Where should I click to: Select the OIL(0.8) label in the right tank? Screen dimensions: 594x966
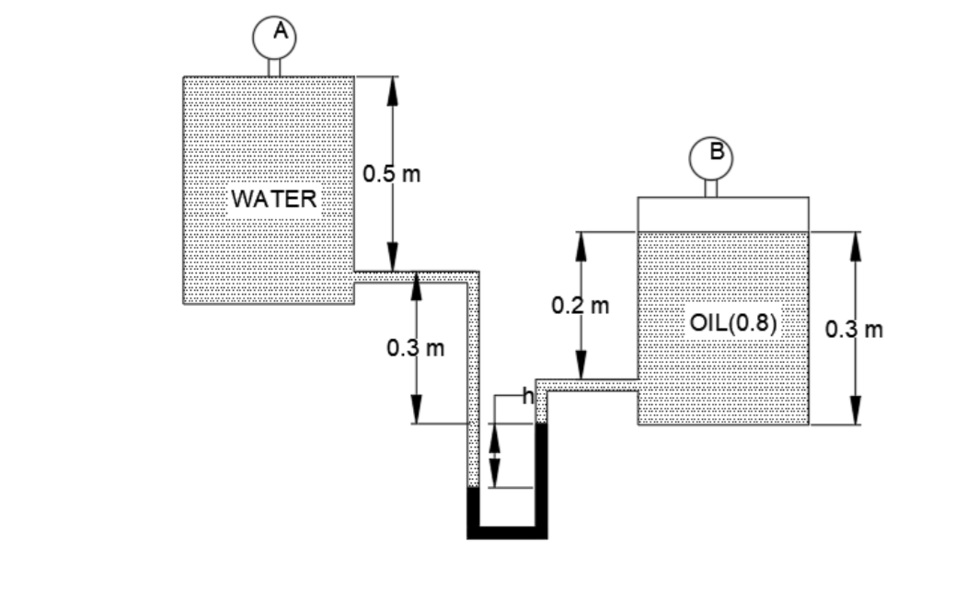pyautogui.click(x=733, y=324)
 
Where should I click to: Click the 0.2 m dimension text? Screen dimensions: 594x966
pyautogui.click(x=581, y=304)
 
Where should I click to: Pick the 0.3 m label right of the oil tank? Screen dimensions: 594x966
pyautogui.click(x=855, y=329)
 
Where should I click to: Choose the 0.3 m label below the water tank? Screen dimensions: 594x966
pyautogui.click(x=416, y=348)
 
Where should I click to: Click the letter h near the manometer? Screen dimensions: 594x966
pyautogui.click(x=527, y=397)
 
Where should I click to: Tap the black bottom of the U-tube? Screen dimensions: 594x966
pyautogui.click(x=507, y=531)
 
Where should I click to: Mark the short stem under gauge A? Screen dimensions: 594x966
pyautogui.click(x=273, y=68)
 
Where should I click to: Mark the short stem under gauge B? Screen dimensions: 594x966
pyautogui.click(x=710, y=188)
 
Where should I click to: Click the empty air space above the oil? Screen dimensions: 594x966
pyautogui.click(x=723, y=214)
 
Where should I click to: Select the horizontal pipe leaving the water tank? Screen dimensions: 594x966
pyautogui.click(x=414, y=277)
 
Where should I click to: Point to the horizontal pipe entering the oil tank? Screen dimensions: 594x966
pyautogui.click(x=589, y=384)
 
